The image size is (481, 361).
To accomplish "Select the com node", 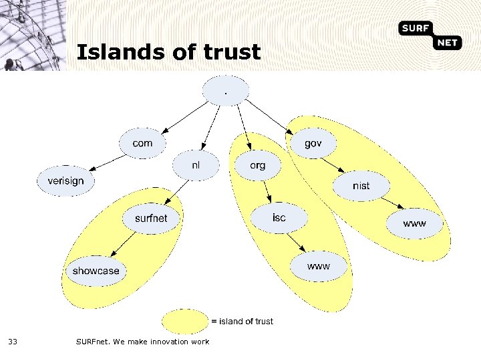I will coord(142,143).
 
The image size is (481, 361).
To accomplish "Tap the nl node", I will coord(196,165).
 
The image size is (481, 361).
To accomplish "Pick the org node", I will coord(257,165).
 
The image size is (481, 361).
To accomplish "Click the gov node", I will coord(313,143).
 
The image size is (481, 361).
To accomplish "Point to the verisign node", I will coord(65,180).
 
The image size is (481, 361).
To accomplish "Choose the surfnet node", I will coord(151,218).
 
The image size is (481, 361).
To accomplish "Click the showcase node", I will coord(96,271).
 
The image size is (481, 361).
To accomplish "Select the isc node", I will coord(279,218).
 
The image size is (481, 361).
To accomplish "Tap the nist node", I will coord(361,185).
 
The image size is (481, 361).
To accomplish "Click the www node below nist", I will coord(414,223).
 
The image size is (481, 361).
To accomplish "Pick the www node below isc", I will coord(319,266).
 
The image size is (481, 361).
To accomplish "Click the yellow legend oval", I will coord(184,321).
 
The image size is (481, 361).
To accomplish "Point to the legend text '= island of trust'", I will coord(242,322).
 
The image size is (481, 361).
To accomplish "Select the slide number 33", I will coord(13,342).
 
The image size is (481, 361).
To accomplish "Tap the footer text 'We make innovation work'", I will coord(162,342).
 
